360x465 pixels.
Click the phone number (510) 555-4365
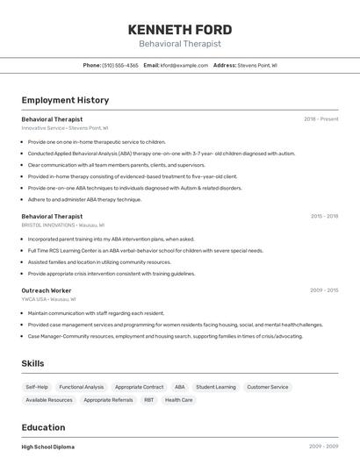click(120, 65)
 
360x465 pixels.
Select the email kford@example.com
click(184, 65)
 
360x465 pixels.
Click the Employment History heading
click(65, 100)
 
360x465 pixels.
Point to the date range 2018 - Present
click(320, 118)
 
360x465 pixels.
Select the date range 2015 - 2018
click(324, 216)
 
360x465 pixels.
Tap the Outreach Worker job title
click(47, 290)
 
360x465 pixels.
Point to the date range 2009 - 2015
click(324, 290)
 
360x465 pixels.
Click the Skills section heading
click(32, 363)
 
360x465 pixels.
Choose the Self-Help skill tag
click(37, 387)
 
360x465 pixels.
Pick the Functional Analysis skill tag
click(82, 387)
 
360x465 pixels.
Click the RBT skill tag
click(148, 400)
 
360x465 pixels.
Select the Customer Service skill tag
click(267, 387)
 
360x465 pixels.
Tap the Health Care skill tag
click(178, 400)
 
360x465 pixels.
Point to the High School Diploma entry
click(48, 447)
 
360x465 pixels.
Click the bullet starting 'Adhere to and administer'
click(84, 199)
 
